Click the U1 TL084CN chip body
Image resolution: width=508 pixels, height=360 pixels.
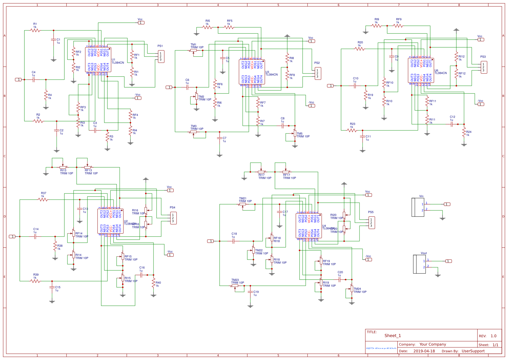(98, 60)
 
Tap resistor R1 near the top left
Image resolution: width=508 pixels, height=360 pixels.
(35, 30)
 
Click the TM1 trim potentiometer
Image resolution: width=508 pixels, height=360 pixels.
(193, 50)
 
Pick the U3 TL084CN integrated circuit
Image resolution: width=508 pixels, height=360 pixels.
(252, 72)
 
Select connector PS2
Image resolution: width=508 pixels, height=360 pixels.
(318, 74)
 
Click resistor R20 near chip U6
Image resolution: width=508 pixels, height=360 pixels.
(360, 49)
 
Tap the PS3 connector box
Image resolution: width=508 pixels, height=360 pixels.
(484, 67)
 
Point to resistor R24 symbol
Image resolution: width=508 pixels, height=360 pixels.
(464, 132)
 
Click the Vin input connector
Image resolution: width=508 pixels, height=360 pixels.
(418, 207)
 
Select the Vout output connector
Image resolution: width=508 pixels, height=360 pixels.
(419, 264)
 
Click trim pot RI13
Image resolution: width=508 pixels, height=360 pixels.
(63, 167)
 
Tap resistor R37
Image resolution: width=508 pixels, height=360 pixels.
(43, 199)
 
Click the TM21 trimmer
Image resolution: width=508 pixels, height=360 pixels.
(243, 204)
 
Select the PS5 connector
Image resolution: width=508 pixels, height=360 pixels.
(371, 223)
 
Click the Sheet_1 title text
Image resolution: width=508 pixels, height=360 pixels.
(393, 336)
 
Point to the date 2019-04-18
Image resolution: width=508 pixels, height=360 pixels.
(424, 351)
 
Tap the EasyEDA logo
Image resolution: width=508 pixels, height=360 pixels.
(381, 348)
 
